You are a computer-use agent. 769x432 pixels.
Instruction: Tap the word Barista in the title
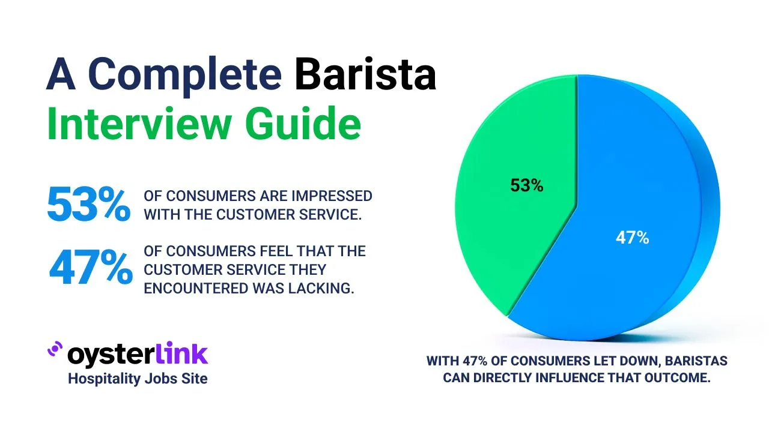click(365, 73)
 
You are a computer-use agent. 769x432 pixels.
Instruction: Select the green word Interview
click(139, 123)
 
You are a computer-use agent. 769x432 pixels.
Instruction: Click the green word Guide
click(303, 123)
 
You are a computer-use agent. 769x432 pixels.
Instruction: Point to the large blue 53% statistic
click(88, 204)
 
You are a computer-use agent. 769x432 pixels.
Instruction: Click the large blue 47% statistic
click(91, 267)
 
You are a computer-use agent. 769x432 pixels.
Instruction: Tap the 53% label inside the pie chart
click(527, 185)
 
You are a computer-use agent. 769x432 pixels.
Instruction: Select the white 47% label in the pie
click(633, 238)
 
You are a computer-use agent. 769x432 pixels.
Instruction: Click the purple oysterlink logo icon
click(55, 349)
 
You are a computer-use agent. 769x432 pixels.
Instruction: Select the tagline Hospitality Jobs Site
click(138, 379)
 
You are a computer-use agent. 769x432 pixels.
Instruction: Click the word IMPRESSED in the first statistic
click(332, 196)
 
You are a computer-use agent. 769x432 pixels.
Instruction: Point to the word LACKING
click(321, 289)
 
